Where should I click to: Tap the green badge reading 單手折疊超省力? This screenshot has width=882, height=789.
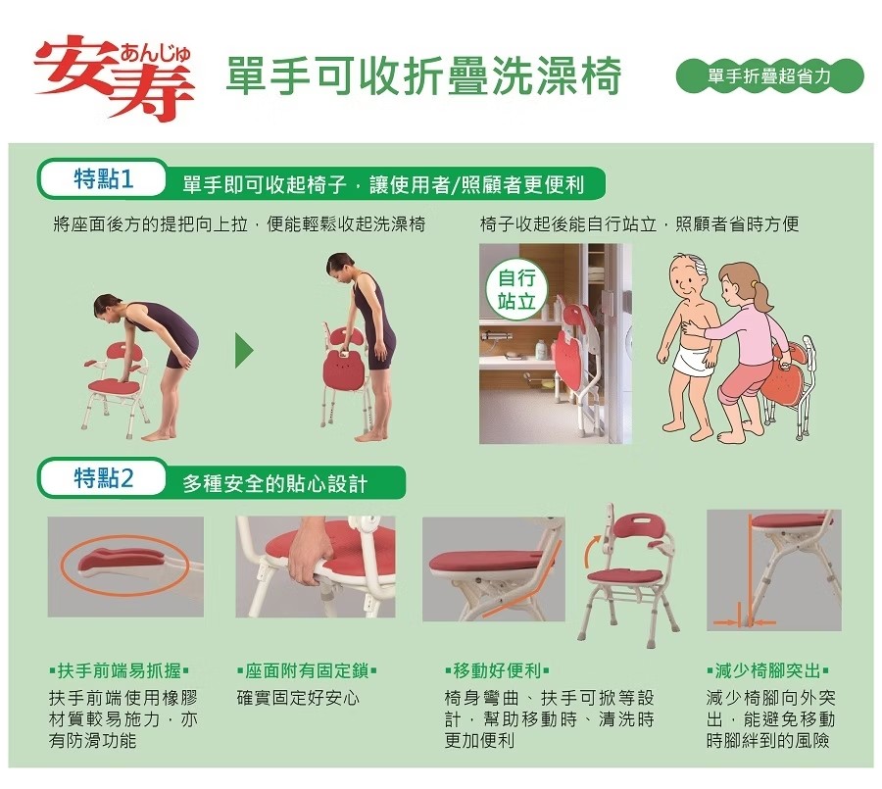point(769,75)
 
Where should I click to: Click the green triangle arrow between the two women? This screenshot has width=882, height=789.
point(244,351)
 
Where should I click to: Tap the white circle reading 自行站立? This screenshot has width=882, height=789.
point(515,289)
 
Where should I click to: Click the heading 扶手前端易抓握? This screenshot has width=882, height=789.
point(120,670)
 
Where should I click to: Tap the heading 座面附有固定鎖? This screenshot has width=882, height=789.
point(307,670)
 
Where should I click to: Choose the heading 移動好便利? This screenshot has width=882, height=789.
point(497,670)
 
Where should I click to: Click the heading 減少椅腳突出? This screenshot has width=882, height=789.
point(767,670)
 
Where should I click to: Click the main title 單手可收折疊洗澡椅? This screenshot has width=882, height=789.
point(423,75)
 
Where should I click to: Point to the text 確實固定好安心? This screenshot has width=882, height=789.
point(298,698)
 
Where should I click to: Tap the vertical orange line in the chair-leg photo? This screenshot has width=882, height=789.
point(750,567)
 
